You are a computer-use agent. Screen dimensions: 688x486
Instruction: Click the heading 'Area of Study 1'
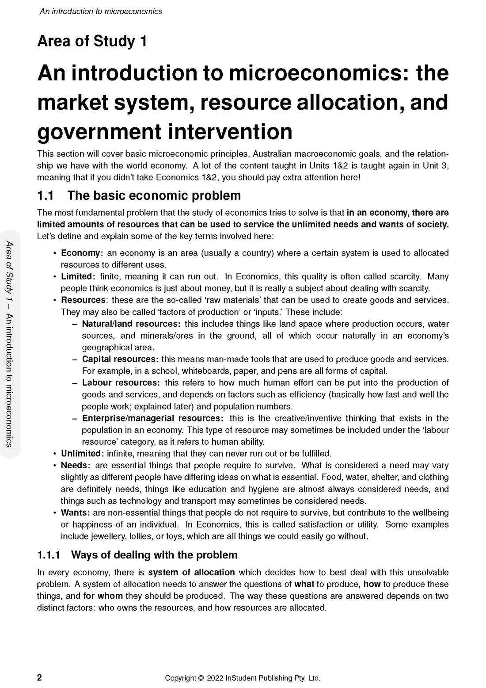click(92, 41)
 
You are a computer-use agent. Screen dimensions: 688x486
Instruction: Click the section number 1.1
click(46, 195)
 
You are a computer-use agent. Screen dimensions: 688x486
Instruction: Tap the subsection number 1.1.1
click(49, 555)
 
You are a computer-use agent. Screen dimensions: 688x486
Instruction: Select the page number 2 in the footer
click(40, 678)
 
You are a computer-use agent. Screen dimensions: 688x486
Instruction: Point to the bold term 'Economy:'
click(82, 253)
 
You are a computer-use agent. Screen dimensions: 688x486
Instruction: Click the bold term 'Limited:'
click(78, 276)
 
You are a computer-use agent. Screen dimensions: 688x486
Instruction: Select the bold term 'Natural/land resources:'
click(131, 324)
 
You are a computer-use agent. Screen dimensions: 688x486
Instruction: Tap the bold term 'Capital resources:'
click(120, 359)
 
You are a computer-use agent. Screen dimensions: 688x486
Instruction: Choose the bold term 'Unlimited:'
click(83, 453)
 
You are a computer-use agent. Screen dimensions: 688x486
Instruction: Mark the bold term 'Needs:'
click(76, 465)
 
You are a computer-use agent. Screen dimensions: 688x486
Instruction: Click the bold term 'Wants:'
click(76, 512)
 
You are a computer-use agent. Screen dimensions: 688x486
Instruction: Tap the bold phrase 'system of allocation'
click(191, 572)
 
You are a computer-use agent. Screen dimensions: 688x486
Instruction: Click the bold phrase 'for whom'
click(103, 596)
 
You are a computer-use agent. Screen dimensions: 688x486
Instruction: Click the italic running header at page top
click(101, 11)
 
